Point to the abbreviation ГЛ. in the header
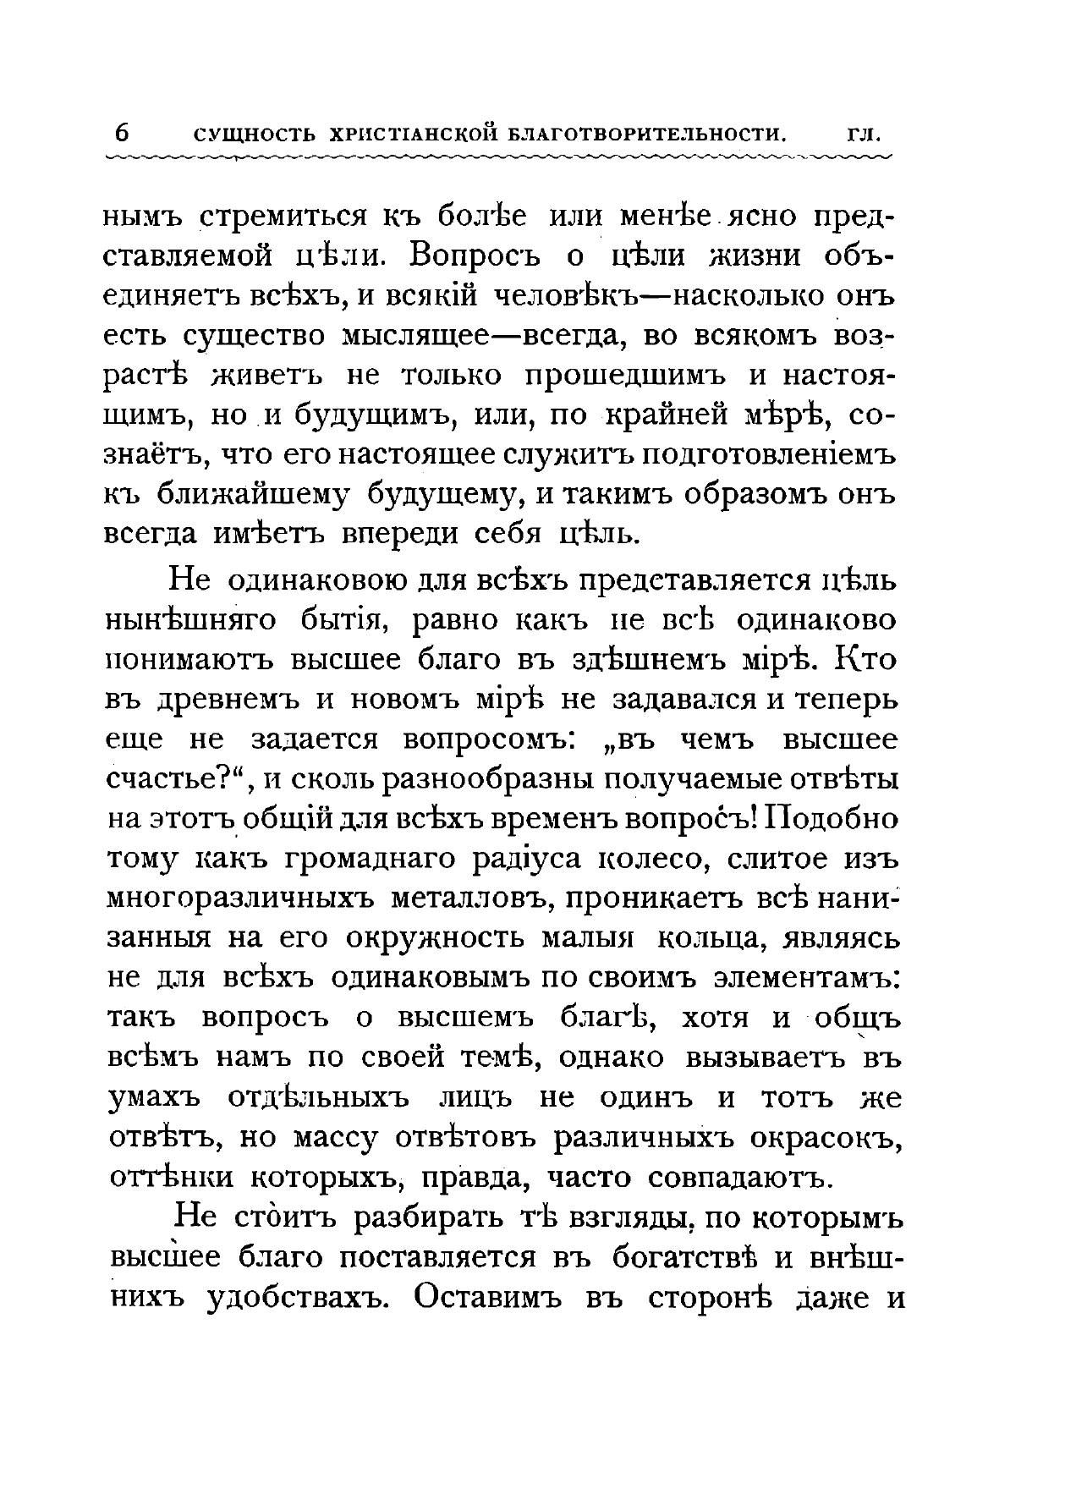pos(865,135)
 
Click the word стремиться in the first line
pos(285,218)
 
